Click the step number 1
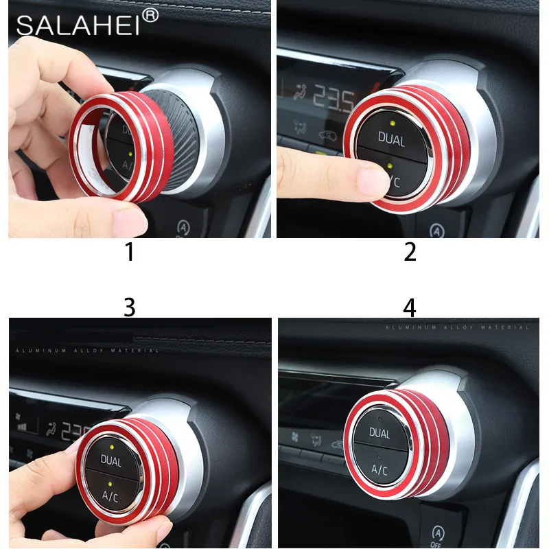tap(129, 253)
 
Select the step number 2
tap(410, 253)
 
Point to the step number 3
tap(129, 308)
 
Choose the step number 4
tap(410, 308)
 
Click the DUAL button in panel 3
tap(111, 460)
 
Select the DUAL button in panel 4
tap(379, 433)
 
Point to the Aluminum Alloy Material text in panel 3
tap(86, 351)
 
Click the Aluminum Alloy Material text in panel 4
tap(457, 328)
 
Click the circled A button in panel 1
tap(183, 226)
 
